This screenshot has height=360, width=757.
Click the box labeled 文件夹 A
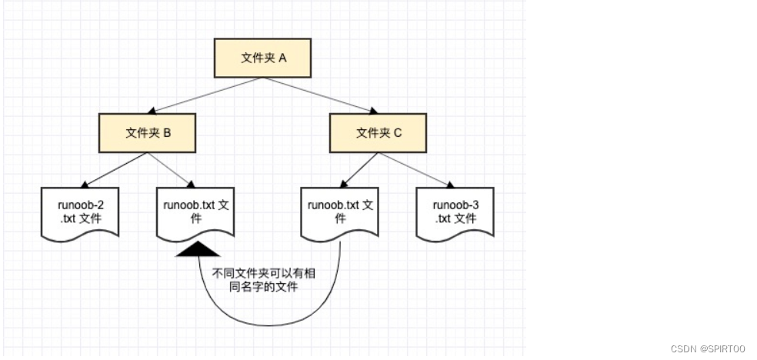(x=263, y=58)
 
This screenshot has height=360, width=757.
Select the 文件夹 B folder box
(x=148, y=133)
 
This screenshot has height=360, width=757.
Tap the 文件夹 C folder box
(x=378, y=133)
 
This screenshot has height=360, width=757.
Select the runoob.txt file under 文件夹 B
(x=195, y=212)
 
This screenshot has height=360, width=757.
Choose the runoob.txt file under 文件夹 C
(x=339, y=212)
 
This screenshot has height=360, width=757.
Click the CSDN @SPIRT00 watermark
(x=708, y=348)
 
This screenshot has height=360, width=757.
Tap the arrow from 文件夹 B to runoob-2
(x=114, y=170)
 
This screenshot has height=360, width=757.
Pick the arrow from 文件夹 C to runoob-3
(x=415, y=169)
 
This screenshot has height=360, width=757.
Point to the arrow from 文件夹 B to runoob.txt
(x=171, y=169)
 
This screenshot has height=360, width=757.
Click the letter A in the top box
(x=282, y=58)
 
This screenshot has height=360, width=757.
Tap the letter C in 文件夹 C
(x=398, y=133)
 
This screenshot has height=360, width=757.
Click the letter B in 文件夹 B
(x=167, y=133)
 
